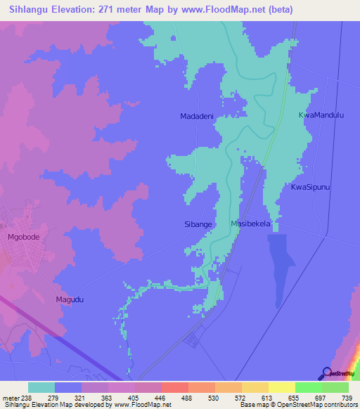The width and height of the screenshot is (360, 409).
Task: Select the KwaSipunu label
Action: click(x=311, y=187)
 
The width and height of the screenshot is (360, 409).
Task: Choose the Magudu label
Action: click(x=70, y=299)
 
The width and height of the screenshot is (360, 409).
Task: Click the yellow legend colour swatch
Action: click(x=281, y=387)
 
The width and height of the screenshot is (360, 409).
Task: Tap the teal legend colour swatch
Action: click(x=41, y=387)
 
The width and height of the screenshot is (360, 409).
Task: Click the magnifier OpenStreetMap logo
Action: click(x=326, y=374)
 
